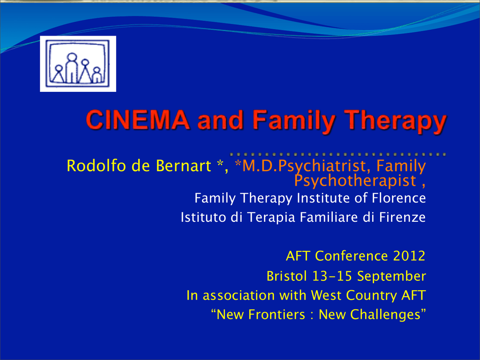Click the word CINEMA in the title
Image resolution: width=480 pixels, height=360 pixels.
138,120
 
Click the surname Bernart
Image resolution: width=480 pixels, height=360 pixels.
183,165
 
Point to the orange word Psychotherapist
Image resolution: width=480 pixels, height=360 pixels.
355,180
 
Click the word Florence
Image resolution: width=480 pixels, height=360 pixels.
398,198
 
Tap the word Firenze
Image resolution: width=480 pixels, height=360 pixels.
402,217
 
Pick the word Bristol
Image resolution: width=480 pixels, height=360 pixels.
286,276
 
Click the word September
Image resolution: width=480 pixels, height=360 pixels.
391,277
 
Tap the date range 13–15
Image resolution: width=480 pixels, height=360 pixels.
332,276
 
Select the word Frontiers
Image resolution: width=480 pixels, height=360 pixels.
276,315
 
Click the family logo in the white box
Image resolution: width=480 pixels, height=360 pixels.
78,64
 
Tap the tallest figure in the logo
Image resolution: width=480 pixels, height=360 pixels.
72,68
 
